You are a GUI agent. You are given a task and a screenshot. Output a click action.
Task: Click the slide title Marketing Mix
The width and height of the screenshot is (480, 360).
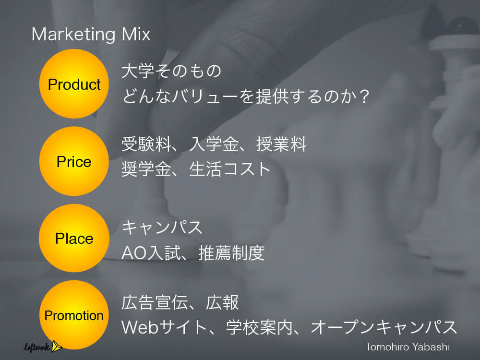91,34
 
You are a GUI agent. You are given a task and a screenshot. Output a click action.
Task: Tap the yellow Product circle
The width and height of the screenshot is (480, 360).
74,84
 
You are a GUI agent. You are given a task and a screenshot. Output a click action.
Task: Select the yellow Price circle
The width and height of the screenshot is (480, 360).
74,161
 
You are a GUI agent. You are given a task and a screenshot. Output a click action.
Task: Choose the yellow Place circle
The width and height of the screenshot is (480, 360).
74,238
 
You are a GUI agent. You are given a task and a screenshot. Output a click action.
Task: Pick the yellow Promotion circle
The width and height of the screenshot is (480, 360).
74,315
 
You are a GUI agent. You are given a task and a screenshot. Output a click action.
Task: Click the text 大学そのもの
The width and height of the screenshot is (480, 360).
171,71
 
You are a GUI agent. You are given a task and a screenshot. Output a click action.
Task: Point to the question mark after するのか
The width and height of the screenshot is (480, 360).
364,96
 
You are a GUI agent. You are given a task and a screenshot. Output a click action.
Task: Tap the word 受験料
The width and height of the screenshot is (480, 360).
146,144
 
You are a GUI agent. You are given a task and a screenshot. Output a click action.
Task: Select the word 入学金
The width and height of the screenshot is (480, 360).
214,144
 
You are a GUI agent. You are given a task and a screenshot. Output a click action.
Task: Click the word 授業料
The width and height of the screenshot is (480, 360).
281,144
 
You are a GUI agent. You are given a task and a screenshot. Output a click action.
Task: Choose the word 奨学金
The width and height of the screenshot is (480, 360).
146,169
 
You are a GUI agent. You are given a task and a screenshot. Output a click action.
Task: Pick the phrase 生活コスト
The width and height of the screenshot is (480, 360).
230,169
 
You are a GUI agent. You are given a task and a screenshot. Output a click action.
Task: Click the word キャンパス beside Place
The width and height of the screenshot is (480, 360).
162,228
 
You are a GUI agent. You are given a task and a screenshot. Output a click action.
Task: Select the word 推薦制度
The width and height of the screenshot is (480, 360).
232,253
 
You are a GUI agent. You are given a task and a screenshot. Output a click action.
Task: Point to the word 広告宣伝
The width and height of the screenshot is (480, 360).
155,302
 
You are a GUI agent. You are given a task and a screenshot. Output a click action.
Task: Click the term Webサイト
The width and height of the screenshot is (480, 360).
164,327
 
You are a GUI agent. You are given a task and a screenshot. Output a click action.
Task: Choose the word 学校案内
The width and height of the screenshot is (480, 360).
260,327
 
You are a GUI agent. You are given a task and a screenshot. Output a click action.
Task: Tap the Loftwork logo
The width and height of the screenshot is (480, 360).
43,347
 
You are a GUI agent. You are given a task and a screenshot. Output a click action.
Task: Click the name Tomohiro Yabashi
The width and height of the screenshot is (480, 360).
408,347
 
